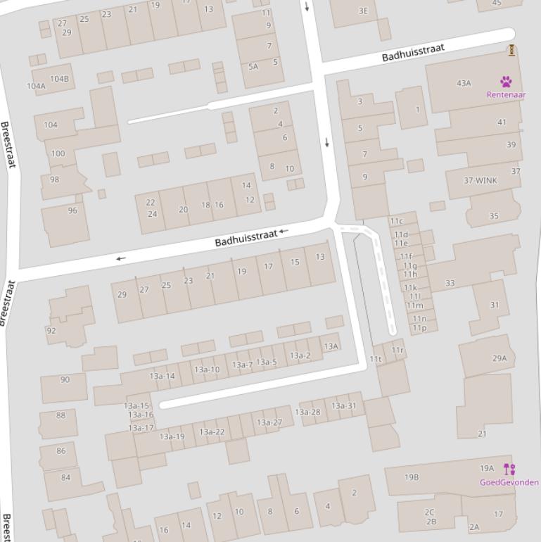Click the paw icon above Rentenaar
tap(506, 82)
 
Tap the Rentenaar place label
tap(506, 94)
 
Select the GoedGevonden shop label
tap(509, 482)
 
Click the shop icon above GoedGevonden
tap(509, 469)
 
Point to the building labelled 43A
tap(464, 83)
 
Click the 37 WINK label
tap(480, 180)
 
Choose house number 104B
tap(60, 79)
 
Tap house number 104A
tap(36, 86)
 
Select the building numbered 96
tap(72, 210)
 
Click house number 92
tap(51, 331)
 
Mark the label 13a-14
tap(162, 376)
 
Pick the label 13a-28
tap(307, 412)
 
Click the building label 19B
tap(412, 477)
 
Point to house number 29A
tap(499, 358)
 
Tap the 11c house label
tap(397, 221)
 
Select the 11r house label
tap(397, 350)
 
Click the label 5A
tap(253, 67)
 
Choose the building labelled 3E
tap(363, 11)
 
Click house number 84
tap(66, 477)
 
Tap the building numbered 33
tap(450, 283)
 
